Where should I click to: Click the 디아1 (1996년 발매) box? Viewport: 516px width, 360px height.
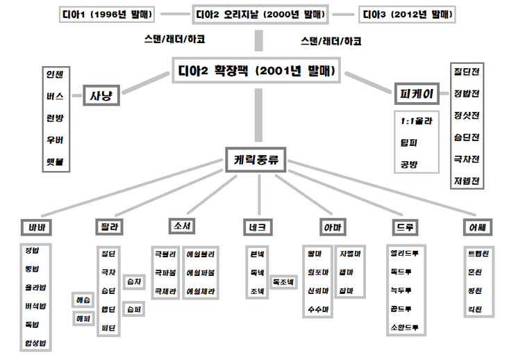tap(106, 14)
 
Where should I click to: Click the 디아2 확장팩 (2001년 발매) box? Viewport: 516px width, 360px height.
tap(257, 70)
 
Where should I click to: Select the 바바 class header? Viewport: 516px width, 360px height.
tap(37, 227)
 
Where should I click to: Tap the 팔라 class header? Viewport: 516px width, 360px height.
tap(109, 227)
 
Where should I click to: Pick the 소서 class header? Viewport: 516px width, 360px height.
tap(183, 226)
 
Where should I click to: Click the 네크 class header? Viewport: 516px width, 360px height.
tap(256, 227)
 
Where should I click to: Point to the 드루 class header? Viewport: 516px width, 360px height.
tap(404, 227)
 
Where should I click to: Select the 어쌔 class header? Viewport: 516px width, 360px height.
tap(477, 227)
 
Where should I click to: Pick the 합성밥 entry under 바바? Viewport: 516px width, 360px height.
tap(36, 343)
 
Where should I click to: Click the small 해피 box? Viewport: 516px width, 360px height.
tap(84, 319)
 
